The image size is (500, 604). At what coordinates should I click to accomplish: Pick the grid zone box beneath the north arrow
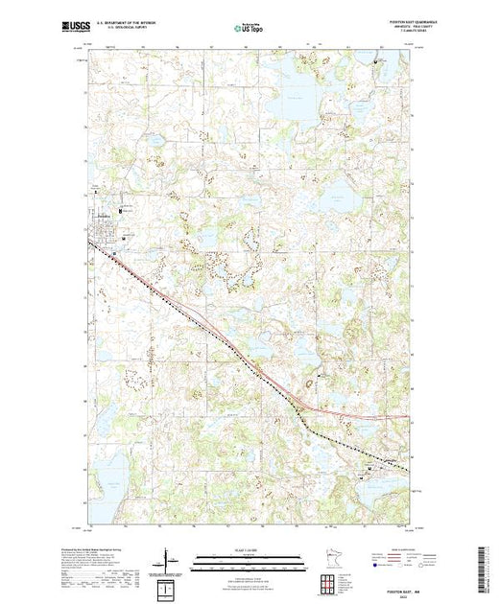click(x=169, y=584)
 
